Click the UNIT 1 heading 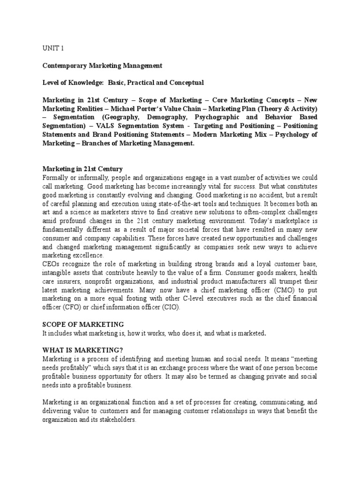click(x=52, y=48)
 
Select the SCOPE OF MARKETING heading click(x=83, y=324)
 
